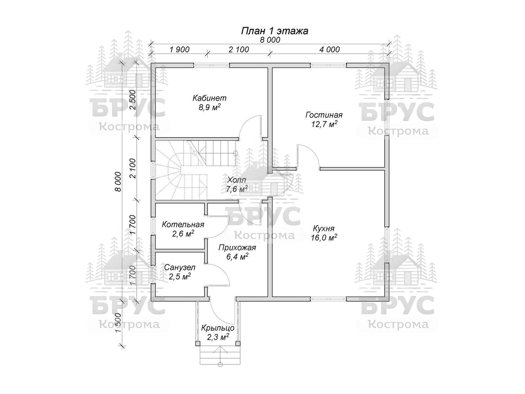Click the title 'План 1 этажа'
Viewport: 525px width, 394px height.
tap(275, 31)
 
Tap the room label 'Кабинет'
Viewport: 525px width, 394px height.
tap(209, 98)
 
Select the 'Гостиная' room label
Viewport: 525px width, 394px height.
tap(324, 115)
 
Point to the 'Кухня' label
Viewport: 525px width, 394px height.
tap(323, 229)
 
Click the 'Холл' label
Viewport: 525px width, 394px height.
tap(236, 180)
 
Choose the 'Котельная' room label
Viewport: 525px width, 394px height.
tap(183, 225)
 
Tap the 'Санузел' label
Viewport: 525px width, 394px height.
tap(180, 267)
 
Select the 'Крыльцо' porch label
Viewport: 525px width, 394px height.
tap(218, 328)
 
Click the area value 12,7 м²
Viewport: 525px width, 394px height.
tap(324, 124)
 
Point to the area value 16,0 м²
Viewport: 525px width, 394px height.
tap(324, 238)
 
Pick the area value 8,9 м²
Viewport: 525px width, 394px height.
tap(210, 107)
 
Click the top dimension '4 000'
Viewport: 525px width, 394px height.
tap(330, 50)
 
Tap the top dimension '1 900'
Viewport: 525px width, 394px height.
tap(180, 50)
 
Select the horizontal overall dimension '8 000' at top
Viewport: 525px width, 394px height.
tap(270, 40)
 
